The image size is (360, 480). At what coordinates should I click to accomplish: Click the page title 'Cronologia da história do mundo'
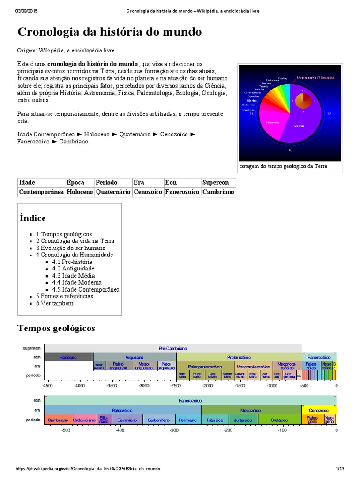tap(109, 32)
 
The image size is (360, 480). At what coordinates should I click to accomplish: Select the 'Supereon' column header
tap(216, 182)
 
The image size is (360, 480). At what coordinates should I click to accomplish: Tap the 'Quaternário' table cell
tap(113, 192)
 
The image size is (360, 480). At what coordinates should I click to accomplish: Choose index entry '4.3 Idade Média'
tap(73, 276)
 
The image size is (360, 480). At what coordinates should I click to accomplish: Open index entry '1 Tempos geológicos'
tap(67, 234)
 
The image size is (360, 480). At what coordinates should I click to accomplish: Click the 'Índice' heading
tap(32, 218)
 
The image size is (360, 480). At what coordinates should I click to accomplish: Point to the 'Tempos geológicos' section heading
tap(56, 328)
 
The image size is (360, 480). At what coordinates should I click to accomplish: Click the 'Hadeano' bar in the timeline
tap(68, 357)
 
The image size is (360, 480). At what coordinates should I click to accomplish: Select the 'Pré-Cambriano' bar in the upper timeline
tap(173, 349)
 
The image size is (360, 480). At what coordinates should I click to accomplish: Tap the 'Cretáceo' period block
tap(279, 420)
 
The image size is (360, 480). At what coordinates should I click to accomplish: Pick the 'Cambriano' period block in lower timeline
tap(59, 420)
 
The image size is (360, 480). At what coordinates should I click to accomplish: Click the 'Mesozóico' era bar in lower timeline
tap(250, 410)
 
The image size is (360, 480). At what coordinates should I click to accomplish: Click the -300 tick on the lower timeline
tap(174, 430)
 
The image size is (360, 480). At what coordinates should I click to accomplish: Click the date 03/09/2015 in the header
tap(27, 11)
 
